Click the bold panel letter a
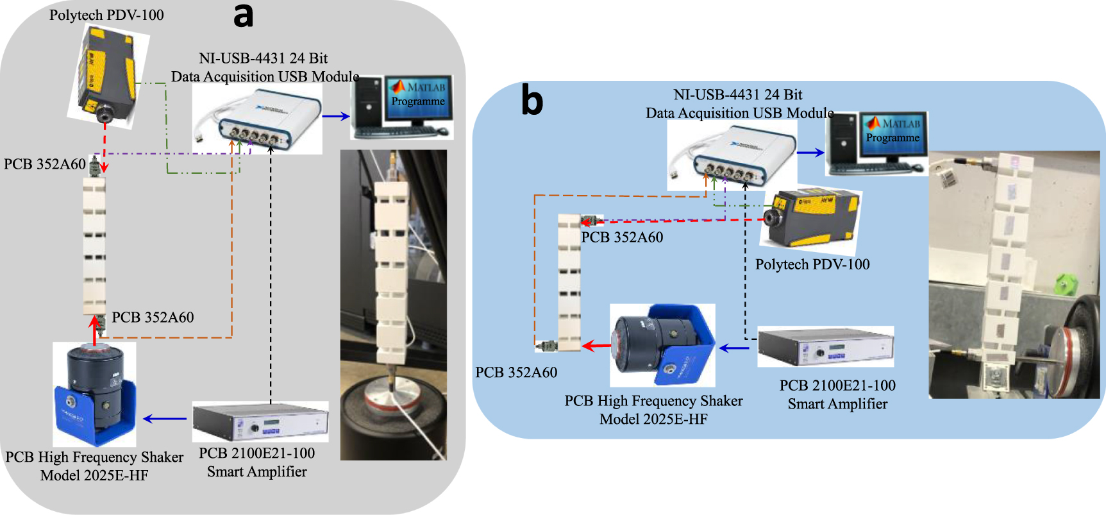pos(243,16)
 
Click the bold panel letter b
pos(532,101)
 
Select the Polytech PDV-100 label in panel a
pos(106,15)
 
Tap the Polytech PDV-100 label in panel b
pos(812,264)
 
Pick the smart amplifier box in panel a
pos(260,421)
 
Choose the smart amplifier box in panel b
pos(825,346)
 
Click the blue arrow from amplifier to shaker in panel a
pos(164,419)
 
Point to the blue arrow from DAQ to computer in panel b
pos(810,153)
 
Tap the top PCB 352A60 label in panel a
pos(44,164)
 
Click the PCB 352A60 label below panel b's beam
pos(516,372)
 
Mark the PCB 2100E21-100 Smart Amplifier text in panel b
pos(837,394)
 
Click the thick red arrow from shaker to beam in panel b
pos(596,346)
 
